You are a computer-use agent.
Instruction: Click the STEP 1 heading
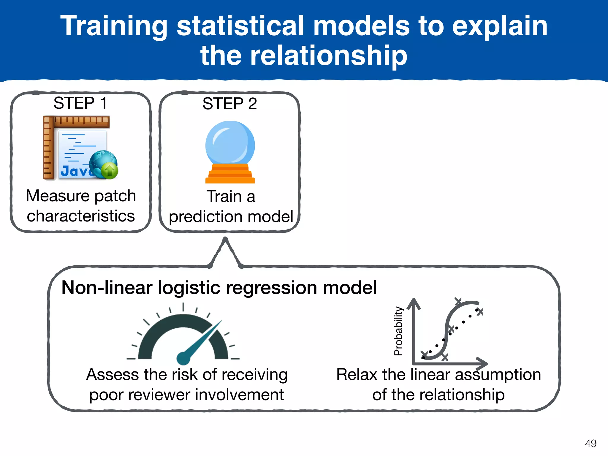[80, 103]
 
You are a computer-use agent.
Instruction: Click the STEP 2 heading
[229, 104]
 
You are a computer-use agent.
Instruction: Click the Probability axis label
[398, 331]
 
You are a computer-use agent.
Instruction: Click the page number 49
[590, 443]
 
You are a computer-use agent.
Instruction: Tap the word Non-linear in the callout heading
[107, 288]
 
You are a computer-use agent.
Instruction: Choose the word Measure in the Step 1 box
[53, 196]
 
